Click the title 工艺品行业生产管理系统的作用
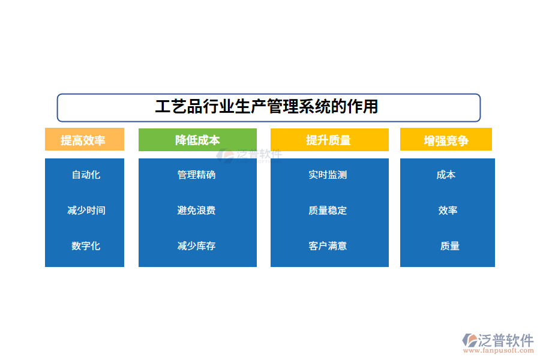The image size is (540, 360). [x=268, y=107]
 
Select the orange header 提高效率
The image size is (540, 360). [x=84, y=140]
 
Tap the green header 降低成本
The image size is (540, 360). [x=197, y=140]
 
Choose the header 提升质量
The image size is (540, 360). [x=329, y=140]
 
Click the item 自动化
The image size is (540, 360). [x=86, y=175]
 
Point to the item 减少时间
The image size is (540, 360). [x=86, y=210]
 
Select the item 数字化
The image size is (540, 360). [x=86, y=245]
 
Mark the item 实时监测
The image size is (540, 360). [x=328, y=175]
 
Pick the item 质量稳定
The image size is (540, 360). [x=328, y=210]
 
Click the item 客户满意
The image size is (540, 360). [x=328, y=245]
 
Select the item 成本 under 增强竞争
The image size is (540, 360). [x=446, y=175]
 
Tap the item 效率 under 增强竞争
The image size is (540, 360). [x=448, y=210]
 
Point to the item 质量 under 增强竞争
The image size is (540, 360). [x=449, y=245]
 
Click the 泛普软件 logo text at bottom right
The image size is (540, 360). [x=506, y=340]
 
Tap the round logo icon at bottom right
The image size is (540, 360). [x=469, y=340]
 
